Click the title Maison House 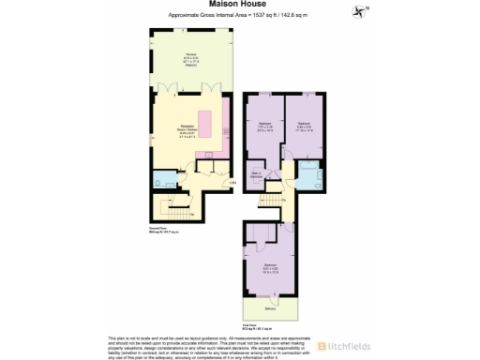pyautogui.click(x=239, y=4)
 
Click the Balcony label pyautogui.click(x=269, y=307)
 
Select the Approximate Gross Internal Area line pyautogui.click(x=240, y=16)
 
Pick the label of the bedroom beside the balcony pyautogui.click(x=269, y=267)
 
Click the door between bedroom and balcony pyautogui.click(x=269, y=296)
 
